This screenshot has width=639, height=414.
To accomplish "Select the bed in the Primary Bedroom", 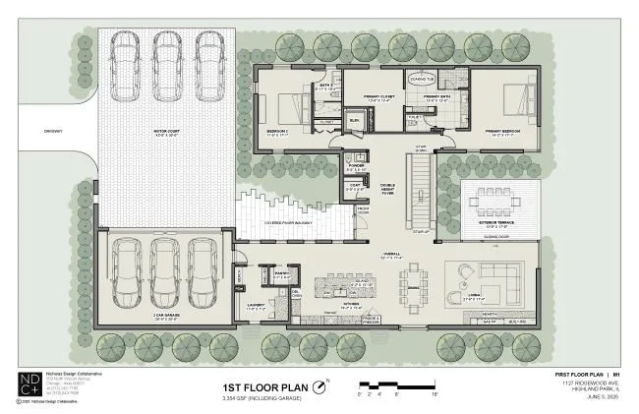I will [516, 99].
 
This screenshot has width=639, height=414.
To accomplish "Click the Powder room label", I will [355, 167].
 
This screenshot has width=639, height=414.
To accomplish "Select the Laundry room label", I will [256, 307].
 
